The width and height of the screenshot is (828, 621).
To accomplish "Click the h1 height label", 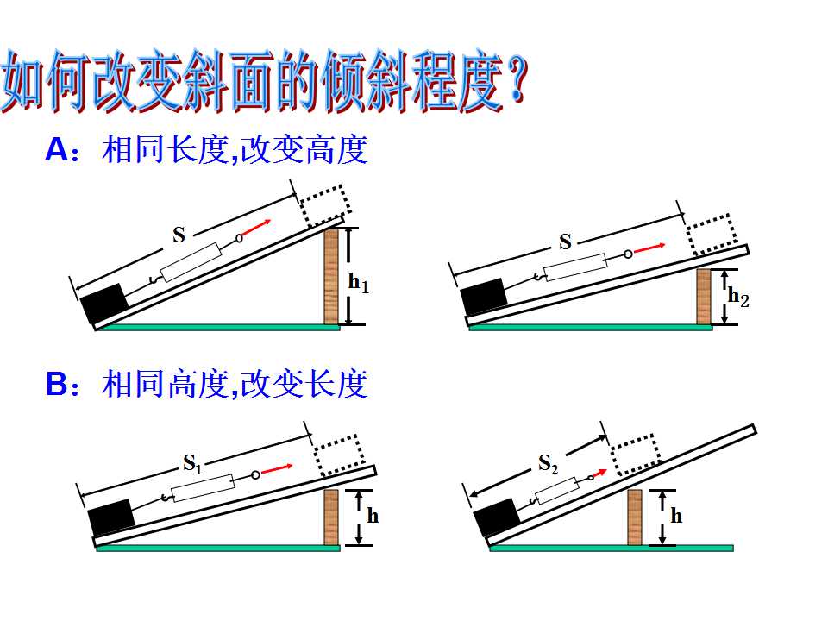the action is tap(359, 283).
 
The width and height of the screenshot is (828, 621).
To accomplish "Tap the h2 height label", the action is tap(738, 298).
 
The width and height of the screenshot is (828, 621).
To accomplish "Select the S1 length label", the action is tap(192, 464).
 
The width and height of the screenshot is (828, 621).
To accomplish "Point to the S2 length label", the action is tap(548, 464).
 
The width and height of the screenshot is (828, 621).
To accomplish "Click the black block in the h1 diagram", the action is tap(104, 303).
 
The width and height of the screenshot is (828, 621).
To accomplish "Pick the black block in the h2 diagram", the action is tap(484, 298).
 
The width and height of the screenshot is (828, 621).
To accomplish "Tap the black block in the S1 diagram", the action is tap(111, 517).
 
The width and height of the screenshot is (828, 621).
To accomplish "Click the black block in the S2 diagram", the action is tap(497, 517).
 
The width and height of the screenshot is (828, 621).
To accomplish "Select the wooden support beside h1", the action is tap(331, 276).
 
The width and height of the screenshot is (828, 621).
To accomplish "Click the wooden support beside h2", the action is tap(704, 297).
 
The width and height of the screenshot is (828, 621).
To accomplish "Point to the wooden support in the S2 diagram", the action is tap(635, 517).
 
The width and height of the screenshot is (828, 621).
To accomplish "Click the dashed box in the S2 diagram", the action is tap(636, 455).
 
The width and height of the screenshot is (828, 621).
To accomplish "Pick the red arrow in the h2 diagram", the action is tap(649, 248).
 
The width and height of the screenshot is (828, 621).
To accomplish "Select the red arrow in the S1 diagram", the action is tap(277, 469).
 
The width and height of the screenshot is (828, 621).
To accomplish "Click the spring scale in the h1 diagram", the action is tap(191, 262).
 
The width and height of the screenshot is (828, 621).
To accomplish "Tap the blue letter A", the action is tap(57, 150).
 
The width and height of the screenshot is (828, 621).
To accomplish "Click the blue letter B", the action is tap(57, 383).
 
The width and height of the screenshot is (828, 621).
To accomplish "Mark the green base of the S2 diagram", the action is tap(612, 549).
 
